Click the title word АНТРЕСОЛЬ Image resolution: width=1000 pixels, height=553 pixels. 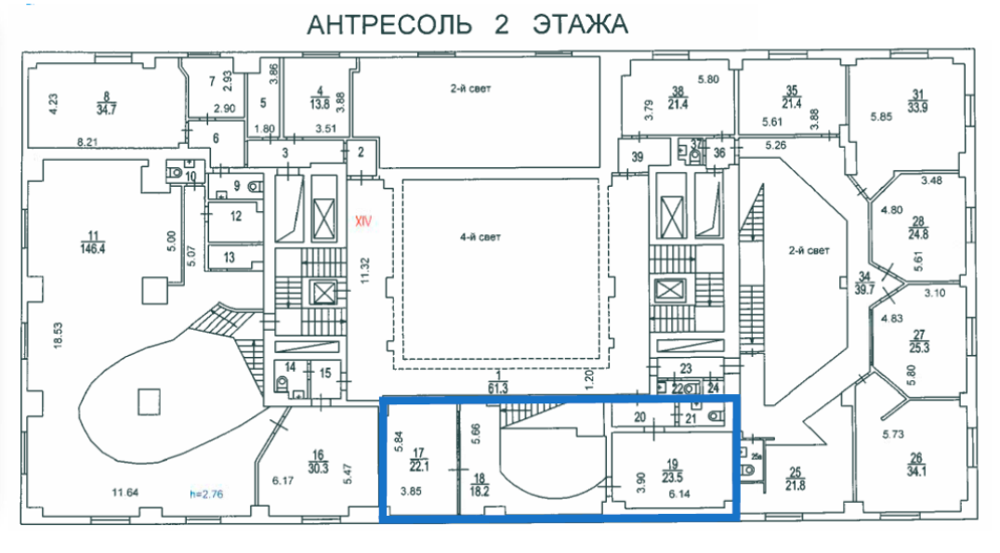click(389, 25)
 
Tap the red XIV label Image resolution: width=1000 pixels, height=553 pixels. click(362, 222)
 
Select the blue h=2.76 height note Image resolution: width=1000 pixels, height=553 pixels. click(206, 494)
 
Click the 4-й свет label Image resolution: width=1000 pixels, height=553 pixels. click(480, 237)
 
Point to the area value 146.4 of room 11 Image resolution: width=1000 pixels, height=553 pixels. click(93, 249)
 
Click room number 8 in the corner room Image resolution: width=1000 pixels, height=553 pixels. click(107, 98)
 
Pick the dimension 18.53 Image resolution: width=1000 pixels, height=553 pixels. click(58, 336)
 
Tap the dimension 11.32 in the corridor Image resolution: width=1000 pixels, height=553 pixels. click(365, 270)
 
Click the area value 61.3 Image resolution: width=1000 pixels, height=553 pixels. click(498, 388)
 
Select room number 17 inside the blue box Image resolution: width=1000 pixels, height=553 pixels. click(419, 454)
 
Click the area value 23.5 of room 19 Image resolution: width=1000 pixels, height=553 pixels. click(672, 477)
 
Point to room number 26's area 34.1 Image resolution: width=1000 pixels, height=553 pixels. click(916, 471)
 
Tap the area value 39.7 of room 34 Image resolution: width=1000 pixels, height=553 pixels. click(864, 289)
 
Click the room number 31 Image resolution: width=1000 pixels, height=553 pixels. click(917, 95)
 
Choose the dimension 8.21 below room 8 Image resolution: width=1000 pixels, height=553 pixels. click(87, 142)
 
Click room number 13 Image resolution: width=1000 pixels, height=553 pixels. click(229, 257)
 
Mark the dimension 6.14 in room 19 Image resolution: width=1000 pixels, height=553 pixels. click(679, 494)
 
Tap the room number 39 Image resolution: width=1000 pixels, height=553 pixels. click(638, 156)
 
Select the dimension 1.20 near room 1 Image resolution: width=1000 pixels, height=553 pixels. click(589, 379)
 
